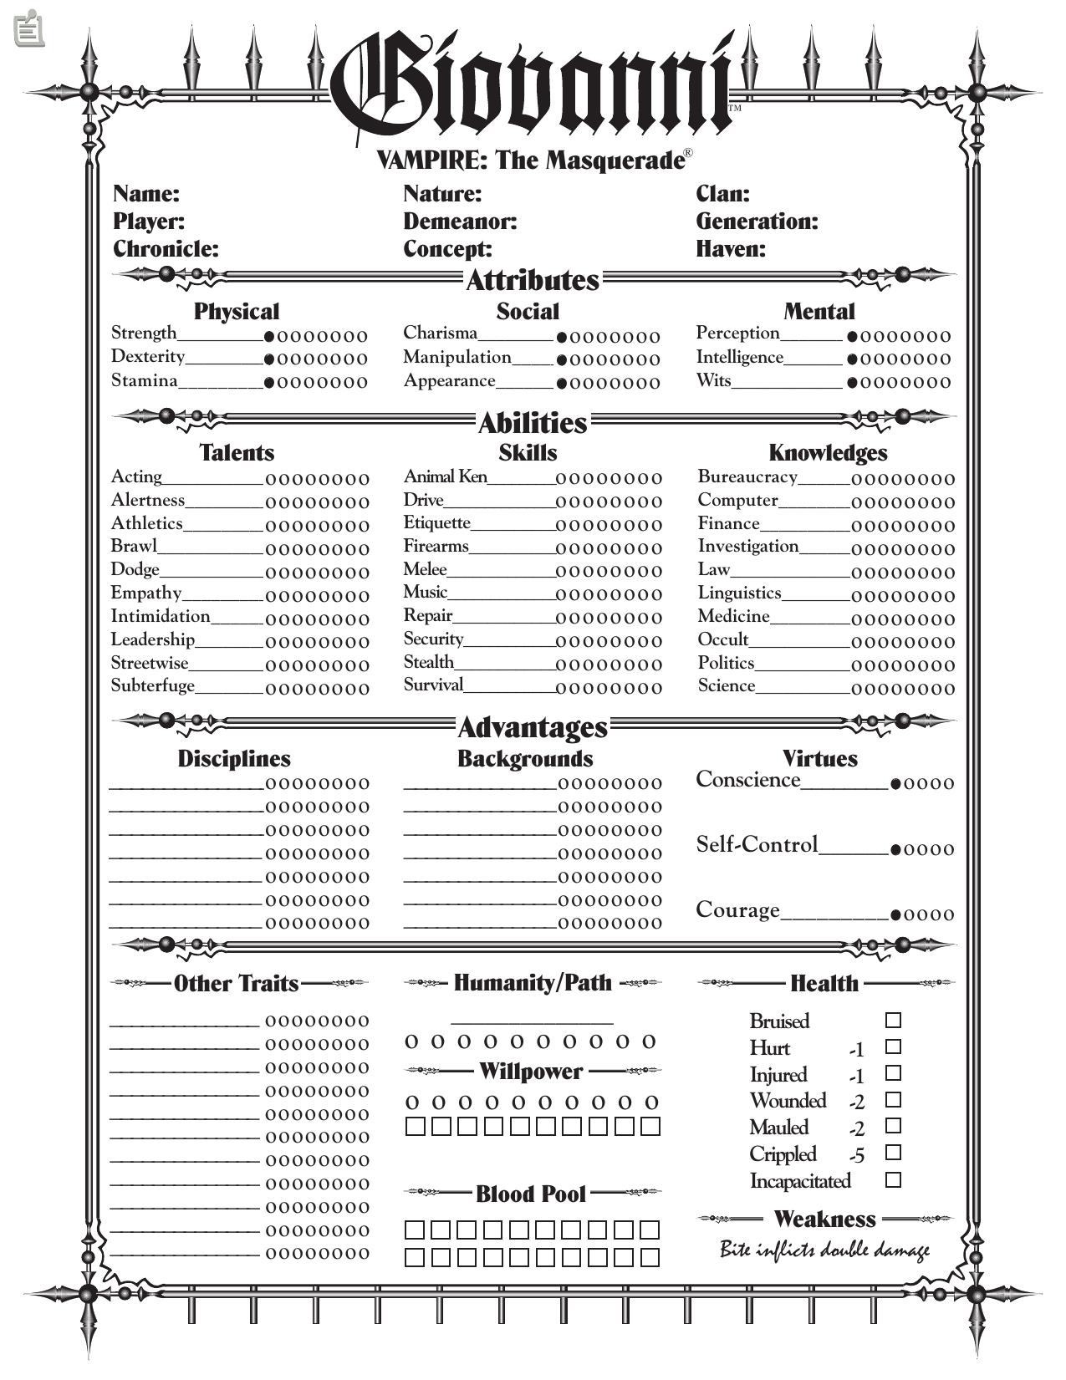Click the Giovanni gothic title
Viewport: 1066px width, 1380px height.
(x=533, y=84)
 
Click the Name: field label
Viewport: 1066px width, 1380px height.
(x=146, y=194)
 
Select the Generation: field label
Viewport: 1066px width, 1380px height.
(x=757, y=222)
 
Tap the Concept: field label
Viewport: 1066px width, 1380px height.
(x=447, y=249)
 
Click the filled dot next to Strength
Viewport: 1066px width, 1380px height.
(x=269, y=337)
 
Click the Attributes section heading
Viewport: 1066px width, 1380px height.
(x=533, y=280)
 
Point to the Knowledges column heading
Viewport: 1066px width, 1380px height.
(x=828, y=453)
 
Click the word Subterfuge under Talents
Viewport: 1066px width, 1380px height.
(x=153, y=686)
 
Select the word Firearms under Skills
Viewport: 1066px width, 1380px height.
(x=436, y=547)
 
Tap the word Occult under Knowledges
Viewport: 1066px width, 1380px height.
(x=723, y=640)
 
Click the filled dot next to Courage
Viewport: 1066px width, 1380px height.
(x=895, y=915)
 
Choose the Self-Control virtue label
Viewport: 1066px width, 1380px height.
(x=757, y=845)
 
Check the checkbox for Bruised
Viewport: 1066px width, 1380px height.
(x=893, y=1021)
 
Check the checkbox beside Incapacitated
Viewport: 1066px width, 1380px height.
(x=893, y=1180)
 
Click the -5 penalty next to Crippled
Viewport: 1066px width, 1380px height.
(x=856, y=1156)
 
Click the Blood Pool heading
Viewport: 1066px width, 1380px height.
(x=531, y=1194)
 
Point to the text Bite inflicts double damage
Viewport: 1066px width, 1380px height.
(x=824, y=1250)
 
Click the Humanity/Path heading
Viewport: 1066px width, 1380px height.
(x=533, y=983)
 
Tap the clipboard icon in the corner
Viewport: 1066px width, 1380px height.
(x=29, y=28)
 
